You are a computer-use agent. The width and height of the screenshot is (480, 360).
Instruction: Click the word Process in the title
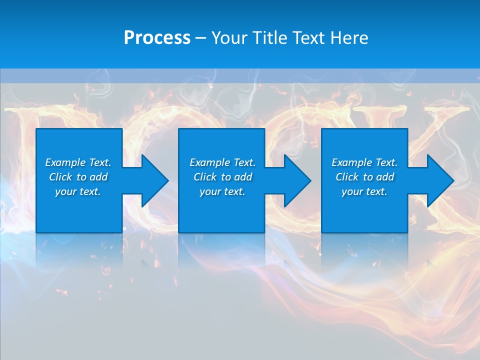[157, 38]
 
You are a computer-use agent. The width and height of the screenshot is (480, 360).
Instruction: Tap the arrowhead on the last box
[439, 180]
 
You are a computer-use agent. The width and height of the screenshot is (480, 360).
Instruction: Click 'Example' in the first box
[65, 162]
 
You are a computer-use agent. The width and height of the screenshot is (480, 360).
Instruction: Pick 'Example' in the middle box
[210, 162]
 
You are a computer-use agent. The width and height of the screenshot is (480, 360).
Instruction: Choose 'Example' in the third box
[352, 162]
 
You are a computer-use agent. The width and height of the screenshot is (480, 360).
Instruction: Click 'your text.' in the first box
[77, 191]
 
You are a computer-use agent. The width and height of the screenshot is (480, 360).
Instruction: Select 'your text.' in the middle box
[222, 191]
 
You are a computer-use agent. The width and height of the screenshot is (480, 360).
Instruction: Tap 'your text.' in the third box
[364, 191]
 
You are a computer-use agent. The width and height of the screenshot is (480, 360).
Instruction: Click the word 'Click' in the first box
[60, 177]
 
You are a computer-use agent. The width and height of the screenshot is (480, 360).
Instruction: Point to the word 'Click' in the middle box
[205, 177]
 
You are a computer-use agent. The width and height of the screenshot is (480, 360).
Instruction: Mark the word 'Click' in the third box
[347, 177]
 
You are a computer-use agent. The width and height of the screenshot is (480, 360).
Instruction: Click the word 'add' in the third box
[385, 177]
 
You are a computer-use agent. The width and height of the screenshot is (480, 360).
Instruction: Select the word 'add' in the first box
[98, 177]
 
